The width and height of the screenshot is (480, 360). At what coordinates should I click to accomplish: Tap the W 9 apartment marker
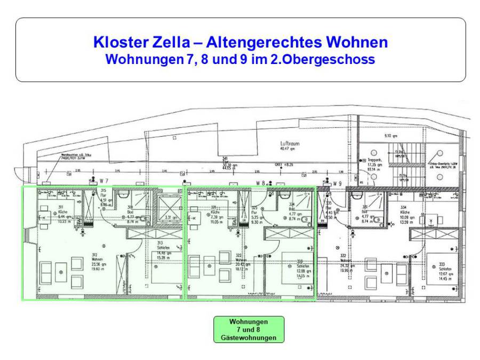click(x=337, y=183)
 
